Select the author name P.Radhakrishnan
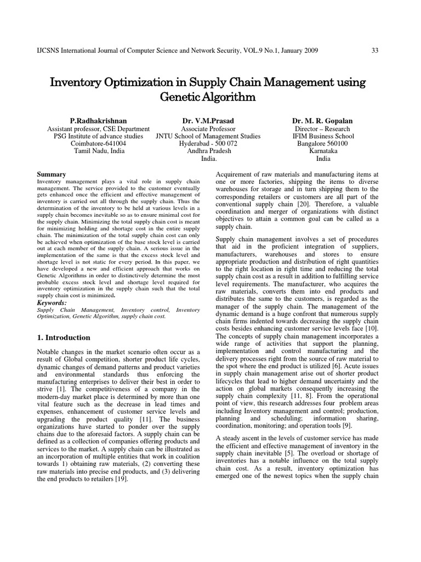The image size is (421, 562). (98, 120)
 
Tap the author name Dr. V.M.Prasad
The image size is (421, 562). (208, 120)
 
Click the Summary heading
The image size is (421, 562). (51, 174)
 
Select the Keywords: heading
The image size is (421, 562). (52, 302)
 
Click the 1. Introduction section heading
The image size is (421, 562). (64, 338)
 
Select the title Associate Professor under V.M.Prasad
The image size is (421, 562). (208, 128)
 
